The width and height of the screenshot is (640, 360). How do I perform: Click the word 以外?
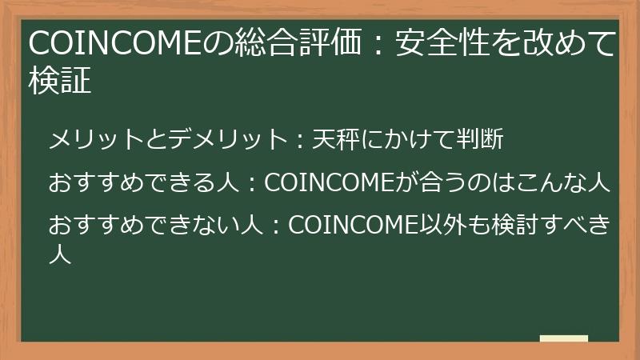pyautogui.click(x=437, y=226)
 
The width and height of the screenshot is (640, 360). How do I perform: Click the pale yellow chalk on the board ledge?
pyautogui.click(x=564, y=338)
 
